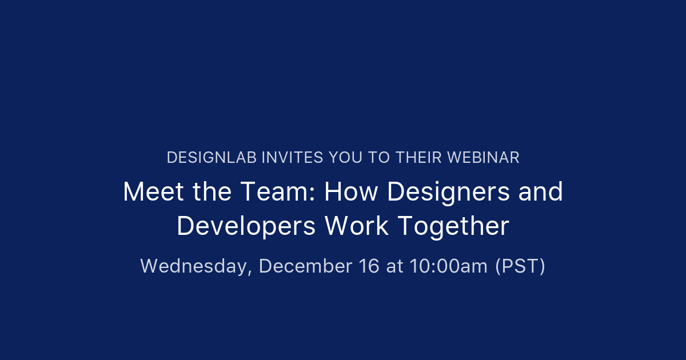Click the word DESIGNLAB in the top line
tap(212, 158)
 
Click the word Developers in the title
tap(246, 227)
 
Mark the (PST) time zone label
tap(520, 266)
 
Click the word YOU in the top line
tap(345, 158)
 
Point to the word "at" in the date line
tap(394, 266)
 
